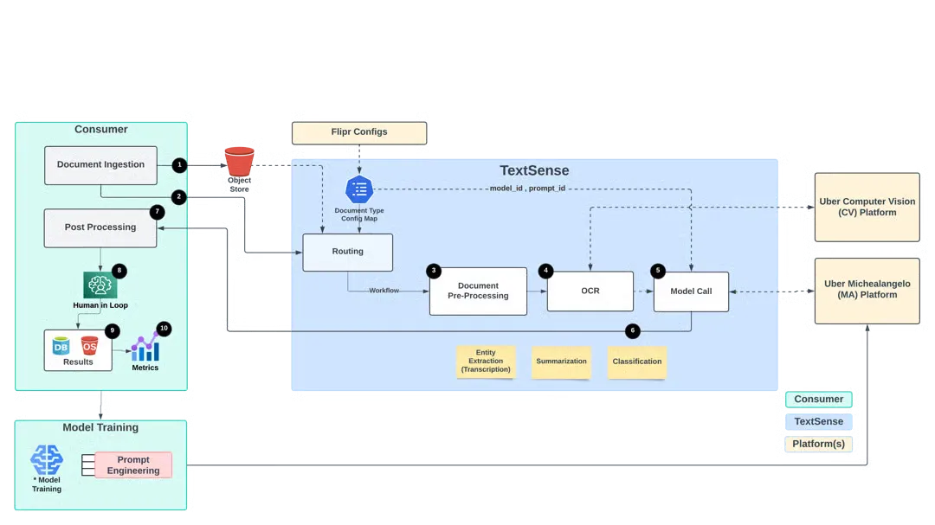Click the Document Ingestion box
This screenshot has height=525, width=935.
tap(100, 164)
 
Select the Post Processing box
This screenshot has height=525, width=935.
tap(100, 227)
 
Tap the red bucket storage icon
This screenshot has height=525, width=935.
tap(239, 162)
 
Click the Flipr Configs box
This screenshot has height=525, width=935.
tap(359, 132)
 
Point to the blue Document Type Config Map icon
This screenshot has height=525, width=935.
tap(358, 189)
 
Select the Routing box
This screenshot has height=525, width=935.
tap(347, 252)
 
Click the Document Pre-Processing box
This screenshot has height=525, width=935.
tap(478, 291)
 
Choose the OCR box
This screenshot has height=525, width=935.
tap(590, 291)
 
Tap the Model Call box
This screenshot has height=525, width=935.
tap(692, 291)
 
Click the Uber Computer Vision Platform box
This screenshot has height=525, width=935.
tap(867, 207)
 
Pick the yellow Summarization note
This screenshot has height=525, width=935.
tap(561, 362)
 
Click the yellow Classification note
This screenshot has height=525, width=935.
tap(637, 362)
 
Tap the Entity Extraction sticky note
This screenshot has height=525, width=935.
tap(486, 362)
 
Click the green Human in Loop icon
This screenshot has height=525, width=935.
tap(100, 285)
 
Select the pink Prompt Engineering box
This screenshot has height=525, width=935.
tap(133, 465)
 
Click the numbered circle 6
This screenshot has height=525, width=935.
tap(633, 330)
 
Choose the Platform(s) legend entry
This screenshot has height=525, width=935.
tap(819, 444)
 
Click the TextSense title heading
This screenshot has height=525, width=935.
tap(534, 170)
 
